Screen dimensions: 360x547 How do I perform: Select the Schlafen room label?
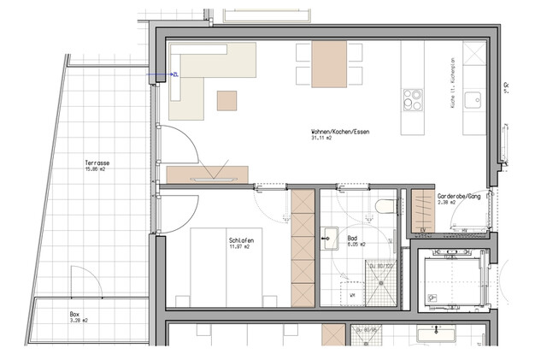pos(240,239)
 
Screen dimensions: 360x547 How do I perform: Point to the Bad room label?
pos(353,238)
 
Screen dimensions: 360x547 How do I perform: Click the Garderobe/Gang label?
pos(459,196)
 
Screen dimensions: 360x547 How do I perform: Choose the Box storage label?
pos(75,314)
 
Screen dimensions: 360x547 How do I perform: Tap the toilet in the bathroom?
pos(384,204)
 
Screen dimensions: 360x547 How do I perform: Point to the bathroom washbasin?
pos(331,233)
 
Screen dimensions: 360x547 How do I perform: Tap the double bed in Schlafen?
pos(224,265)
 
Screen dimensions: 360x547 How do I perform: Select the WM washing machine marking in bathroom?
pos(352,295)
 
